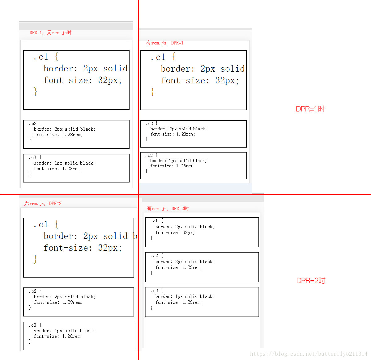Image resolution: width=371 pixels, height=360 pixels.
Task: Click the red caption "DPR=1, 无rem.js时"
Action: (50, 33)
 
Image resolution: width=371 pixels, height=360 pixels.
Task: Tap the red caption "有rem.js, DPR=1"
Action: (165, 43)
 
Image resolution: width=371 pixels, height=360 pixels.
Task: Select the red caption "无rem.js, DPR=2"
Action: (43, 203)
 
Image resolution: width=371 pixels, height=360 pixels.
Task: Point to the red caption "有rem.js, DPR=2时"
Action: (168, 209)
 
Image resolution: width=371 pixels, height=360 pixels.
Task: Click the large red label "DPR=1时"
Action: (310, 109)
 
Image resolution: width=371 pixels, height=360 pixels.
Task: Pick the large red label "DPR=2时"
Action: (311, 281)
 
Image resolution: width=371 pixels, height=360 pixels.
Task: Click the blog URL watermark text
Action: (309, 354)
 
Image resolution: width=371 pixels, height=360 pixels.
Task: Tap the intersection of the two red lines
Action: (138, 195)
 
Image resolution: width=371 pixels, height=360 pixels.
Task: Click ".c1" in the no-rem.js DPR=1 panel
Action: (41, 57)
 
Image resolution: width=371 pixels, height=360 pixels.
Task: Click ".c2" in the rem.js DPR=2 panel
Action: (154, 256)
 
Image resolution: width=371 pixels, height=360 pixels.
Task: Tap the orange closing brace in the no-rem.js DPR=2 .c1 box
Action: (35, 259)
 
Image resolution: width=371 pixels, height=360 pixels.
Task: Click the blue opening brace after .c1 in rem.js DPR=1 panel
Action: (174, 57)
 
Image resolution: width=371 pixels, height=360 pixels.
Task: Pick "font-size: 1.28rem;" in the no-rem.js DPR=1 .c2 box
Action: (58, 135)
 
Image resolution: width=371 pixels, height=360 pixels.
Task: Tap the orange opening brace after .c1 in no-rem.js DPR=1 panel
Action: (57, 57)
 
